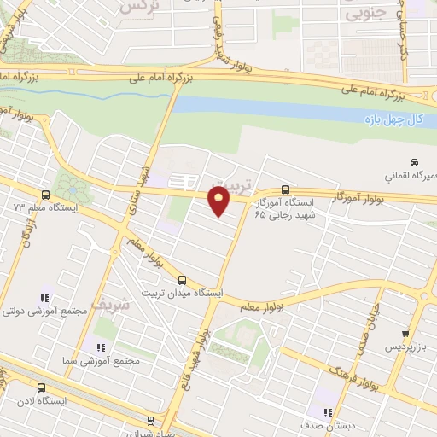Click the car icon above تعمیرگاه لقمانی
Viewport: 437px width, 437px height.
point(413,162)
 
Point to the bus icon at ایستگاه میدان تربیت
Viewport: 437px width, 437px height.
point(181,279)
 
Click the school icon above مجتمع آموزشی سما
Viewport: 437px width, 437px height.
point(100,347)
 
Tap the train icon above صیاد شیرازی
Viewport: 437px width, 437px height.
point(151,420)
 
